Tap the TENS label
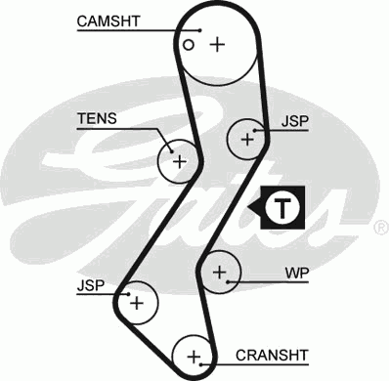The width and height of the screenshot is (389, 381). coord(98,119)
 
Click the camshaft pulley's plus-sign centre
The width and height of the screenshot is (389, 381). coord(217,43)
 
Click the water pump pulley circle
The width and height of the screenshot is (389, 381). coord(220,271)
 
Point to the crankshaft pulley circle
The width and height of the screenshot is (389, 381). coord(194,355)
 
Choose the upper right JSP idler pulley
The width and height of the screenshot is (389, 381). coord(247,140)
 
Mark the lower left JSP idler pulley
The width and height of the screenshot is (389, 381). coord(136,303)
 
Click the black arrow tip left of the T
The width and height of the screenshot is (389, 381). coord(253,206)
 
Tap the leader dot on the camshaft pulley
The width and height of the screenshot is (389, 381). coord(198,30)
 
